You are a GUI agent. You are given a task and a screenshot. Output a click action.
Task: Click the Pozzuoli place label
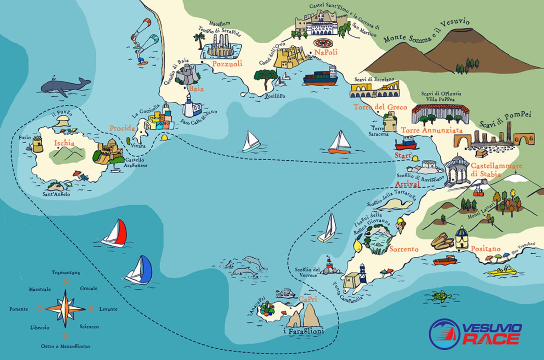(227, 64)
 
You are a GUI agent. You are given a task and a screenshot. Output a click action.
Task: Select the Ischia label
(64, 143)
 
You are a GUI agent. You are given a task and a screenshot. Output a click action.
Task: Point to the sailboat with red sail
(115, 233)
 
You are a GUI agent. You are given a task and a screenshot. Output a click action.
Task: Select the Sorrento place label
(404, 249)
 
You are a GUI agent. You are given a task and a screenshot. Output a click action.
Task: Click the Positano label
(486, 249)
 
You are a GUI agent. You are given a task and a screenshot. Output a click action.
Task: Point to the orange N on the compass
(65, 282)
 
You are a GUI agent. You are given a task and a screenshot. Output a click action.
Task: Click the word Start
(403, 156)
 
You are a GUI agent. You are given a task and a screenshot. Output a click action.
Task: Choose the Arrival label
(407, 184)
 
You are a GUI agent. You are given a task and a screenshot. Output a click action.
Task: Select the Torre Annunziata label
(431, 130)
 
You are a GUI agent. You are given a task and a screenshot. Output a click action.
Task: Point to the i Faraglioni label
(304, 332)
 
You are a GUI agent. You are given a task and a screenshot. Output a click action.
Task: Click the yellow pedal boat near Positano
(502, 271)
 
